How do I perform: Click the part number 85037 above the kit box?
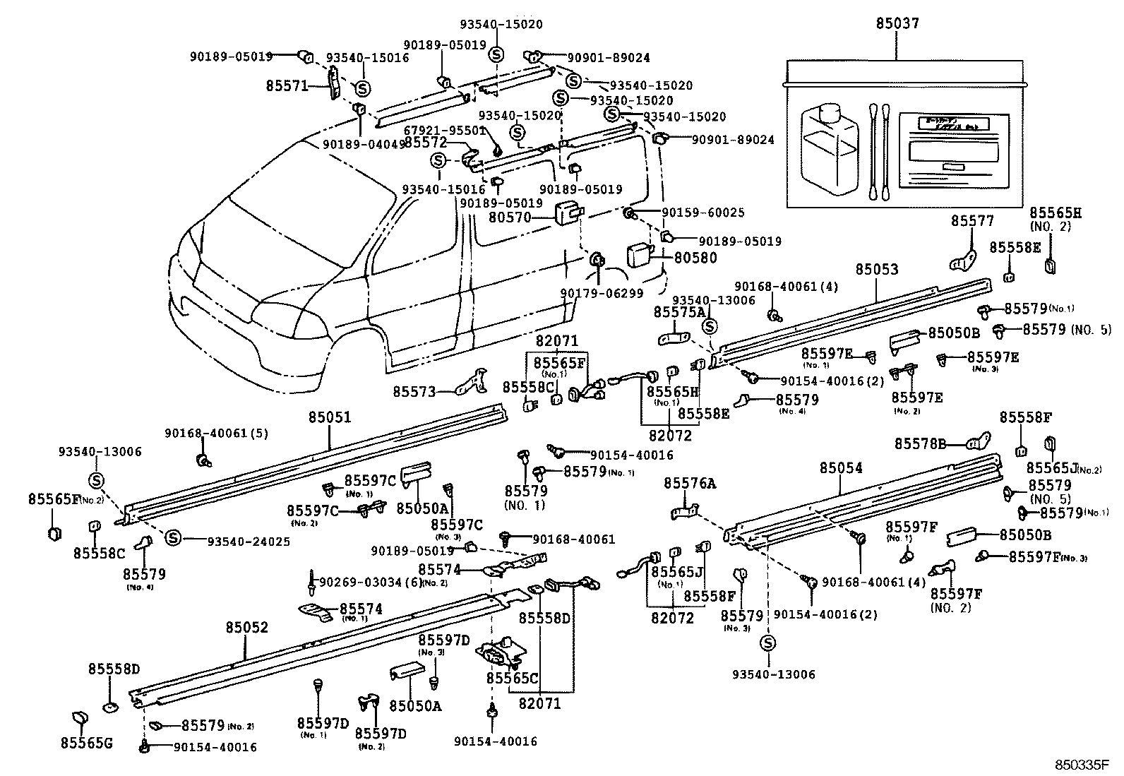[897, 23]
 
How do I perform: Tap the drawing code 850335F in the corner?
[1083, 765]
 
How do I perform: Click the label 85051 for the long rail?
[329, 418]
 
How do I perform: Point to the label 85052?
[247, 628]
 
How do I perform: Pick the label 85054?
[840, 468]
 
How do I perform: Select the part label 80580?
[695, 258]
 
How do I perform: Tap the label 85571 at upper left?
[287, 85]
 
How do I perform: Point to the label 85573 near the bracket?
[414, 390]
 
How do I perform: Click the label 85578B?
[920, 443]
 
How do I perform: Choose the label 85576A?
[689, 483]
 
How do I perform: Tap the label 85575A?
[678, 312]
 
